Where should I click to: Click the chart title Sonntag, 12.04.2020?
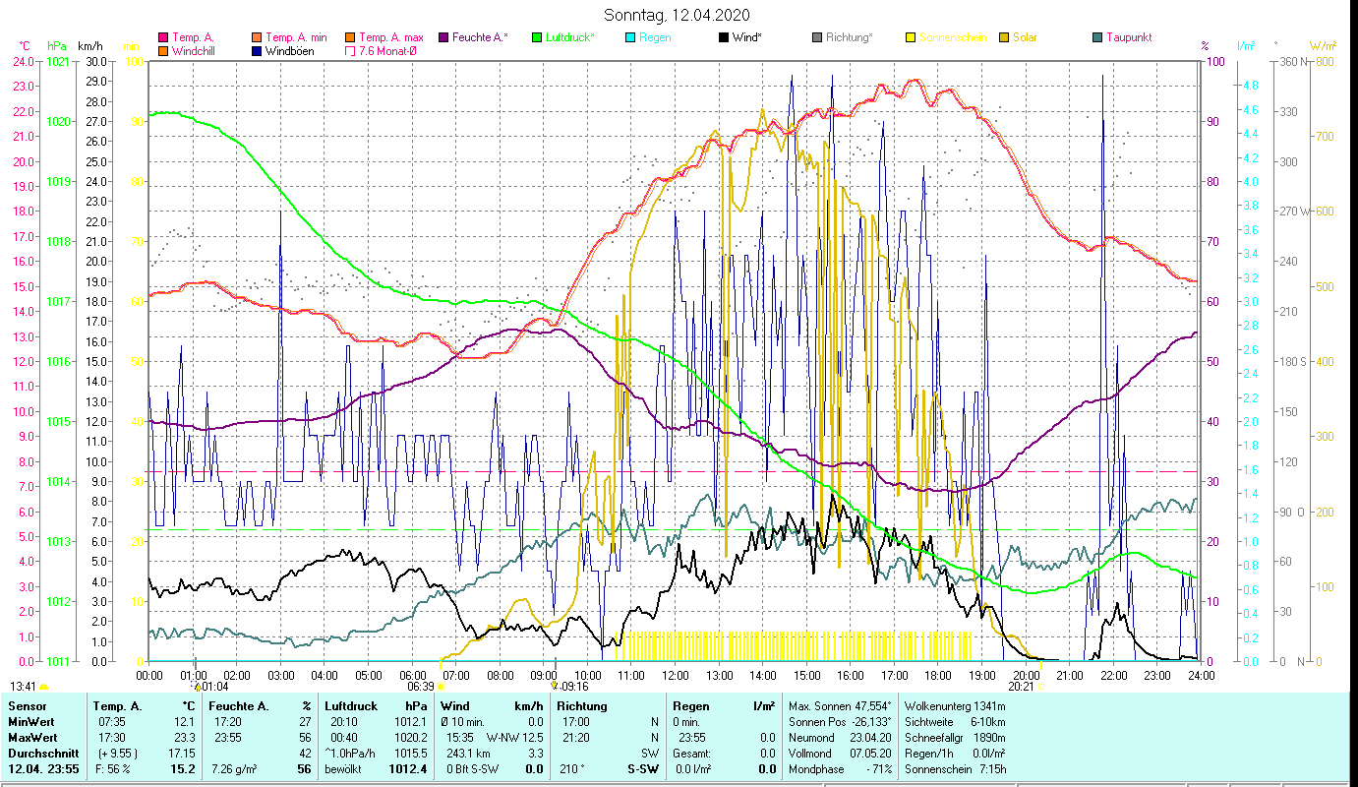click(678, 15)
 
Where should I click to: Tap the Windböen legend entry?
click(289, 50)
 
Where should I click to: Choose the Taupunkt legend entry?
click(1128, 37)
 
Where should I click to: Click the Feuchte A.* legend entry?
click(479, 37)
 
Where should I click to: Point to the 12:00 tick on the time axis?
click(676, 675)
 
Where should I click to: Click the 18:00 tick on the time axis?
click(938, 675)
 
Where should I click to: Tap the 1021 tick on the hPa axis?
click(58, 61)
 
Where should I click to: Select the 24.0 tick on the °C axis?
click(23, 61)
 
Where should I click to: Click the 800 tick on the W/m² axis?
click(1325, 61)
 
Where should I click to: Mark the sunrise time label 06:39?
click(421, 686)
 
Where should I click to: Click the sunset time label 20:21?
click(1021, 686)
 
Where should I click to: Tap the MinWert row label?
click(31, 721)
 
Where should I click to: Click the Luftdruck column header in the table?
click(351, 705)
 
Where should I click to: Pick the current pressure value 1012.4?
click(409, 768)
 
